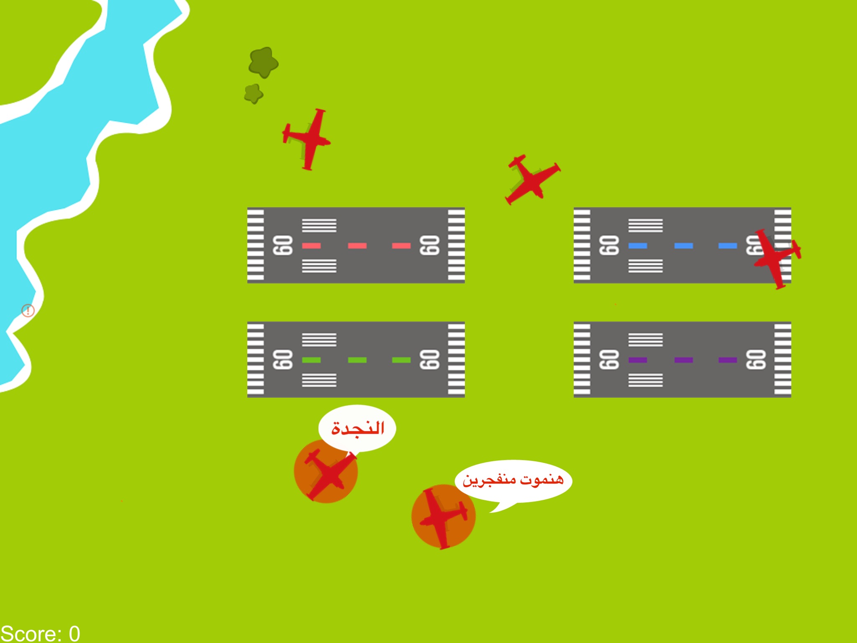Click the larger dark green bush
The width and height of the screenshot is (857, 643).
(263, 62)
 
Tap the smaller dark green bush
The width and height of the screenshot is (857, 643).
(254, 94)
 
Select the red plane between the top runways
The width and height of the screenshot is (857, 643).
(531, 179)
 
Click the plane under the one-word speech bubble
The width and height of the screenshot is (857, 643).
(328, 473)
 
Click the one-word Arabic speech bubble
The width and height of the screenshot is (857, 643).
(357, 428)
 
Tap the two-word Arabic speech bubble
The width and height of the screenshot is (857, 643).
(513, 480)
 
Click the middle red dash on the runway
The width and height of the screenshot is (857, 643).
(357, 246)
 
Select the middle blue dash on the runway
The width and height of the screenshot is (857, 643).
(683, 246)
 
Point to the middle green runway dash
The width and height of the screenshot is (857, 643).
(357, 360)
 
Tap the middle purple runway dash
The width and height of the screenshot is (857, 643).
(683, 360)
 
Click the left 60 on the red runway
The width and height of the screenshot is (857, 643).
(283, 245)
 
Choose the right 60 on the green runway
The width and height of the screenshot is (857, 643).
(429, 360)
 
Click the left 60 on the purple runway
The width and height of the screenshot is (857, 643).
(609, 360)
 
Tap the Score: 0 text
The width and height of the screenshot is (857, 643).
(40, 633)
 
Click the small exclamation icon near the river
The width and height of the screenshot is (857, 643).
(28, 311)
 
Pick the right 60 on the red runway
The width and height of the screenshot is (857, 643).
(429, 245)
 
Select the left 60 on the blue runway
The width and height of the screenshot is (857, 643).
(609, 245)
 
